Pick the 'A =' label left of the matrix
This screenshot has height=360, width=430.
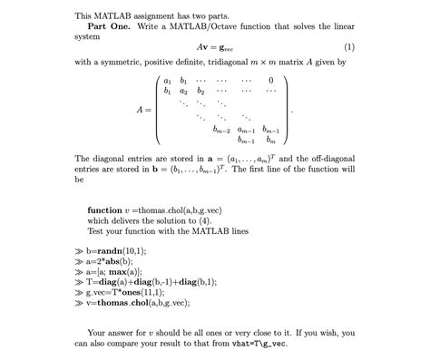(x=142, y=110)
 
